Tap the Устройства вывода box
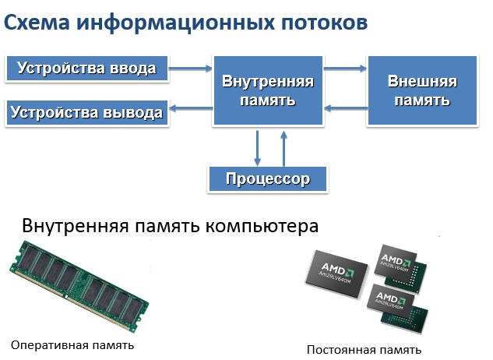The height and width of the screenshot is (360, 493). tap(87, 112)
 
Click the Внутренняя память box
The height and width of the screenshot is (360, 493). tap(268, 90)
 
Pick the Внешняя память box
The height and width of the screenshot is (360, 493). tap(421, 90)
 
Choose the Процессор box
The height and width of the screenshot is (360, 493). tap(268, 179)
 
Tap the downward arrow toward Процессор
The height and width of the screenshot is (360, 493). tap(258, 146)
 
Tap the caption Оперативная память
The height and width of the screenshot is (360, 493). tap(72, 344)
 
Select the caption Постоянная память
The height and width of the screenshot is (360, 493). tap(364, 349)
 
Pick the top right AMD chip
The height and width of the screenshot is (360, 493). tap(401, 263)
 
